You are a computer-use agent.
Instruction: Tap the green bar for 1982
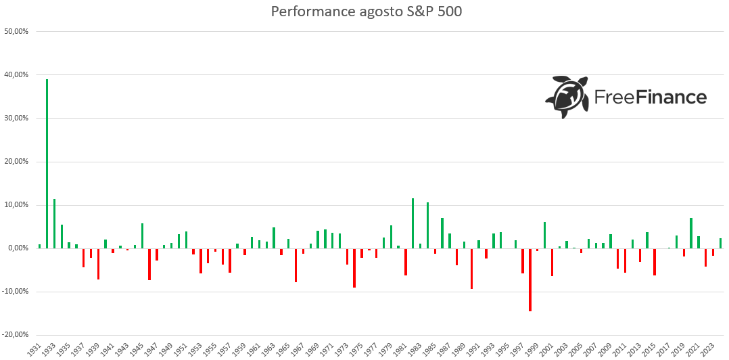[413, 223]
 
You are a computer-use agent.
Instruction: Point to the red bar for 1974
[354, 268]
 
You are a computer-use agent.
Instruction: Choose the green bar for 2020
[691, 233]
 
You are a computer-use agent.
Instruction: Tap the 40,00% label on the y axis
[16, 75]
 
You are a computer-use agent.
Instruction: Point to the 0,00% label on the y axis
[17, 248]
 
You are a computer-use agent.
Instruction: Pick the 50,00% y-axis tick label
[16, 32]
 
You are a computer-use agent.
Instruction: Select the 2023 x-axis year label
[707, 349]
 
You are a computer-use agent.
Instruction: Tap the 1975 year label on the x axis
[356, 349]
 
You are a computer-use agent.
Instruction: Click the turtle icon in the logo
[567, 97]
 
